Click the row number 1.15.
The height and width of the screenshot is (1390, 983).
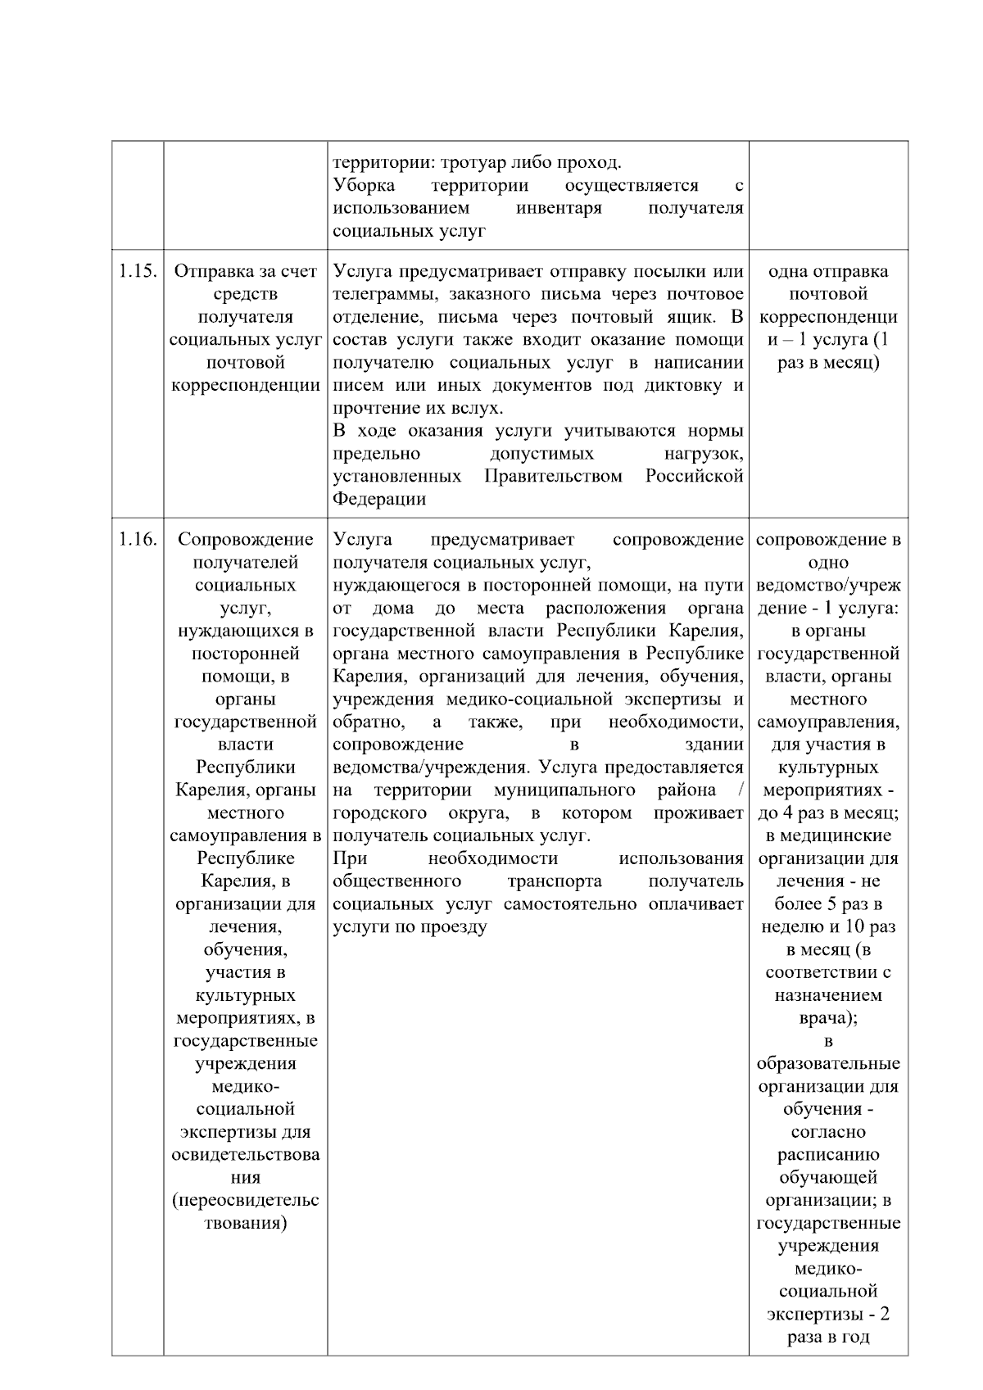pos(137,272)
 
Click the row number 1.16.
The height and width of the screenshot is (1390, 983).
pos(137,540)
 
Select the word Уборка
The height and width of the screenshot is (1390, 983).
pos(363,185)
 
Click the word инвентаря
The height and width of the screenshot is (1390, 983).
pos(559,208)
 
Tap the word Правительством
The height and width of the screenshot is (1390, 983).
pos(554,477)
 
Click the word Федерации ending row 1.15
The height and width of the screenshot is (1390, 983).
pos(378,500)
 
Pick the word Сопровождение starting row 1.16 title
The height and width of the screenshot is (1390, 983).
pos(246,540)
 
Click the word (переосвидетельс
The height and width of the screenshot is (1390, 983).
pos(246,1201)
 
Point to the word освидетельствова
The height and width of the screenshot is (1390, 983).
pos(246,1155)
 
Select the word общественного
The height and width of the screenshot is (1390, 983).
pos(396,882)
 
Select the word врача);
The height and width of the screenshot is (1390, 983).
pos(827,1019)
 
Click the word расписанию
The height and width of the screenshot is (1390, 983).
pos(827,1155)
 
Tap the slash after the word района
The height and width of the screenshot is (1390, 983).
pos(740,790)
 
